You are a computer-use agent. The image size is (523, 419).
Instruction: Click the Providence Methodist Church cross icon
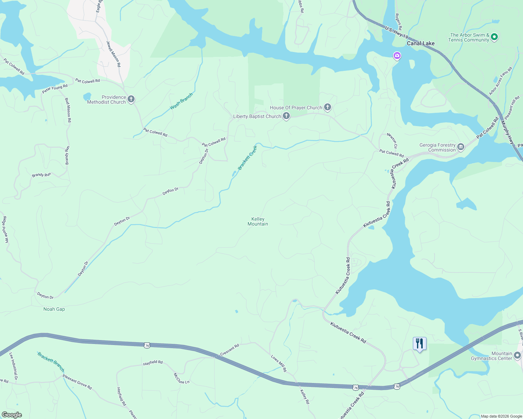pos(131,99)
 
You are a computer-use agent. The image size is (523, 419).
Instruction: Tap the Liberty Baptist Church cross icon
pos(286,116)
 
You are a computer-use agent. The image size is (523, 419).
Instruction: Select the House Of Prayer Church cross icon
pos(328,107)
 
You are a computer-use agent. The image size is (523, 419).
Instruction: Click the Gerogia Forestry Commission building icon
pos(461,147)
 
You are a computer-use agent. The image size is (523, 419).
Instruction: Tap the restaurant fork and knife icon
pos(420,344)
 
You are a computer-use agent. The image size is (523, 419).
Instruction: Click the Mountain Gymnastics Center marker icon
pos(517,355)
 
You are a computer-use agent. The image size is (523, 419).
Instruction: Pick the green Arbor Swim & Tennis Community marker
pos(494,37)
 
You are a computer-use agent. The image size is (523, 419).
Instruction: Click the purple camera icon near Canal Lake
pos(397,56)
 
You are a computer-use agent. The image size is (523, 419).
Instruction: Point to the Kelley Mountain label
pos(258,221)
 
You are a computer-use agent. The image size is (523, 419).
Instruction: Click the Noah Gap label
pos(54,309)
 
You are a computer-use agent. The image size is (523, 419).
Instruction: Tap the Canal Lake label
pos(421,43)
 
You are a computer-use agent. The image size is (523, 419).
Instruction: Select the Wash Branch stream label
pos(181,101)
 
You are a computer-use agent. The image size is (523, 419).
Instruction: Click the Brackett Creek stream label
pos(247,158)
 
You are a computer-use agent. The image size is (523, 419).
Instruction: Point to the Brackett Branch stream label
pos(51,362)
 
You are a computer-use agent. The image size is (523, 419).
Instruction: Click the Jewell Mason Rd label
pos(113,54)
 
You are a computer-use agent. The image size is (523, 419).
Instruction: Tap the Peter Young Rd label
pos(55,89)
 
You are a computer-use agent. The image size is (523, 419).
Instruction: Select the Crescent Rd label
pos(230,350)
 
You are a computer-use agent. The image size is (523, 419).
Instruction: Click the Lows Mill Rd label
pos(279,363)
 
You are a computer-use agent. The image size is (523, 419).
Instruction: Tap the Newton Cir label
pos(392,140)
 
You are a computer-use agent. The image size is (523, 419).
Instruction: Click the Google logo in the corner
pos(12,415)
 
